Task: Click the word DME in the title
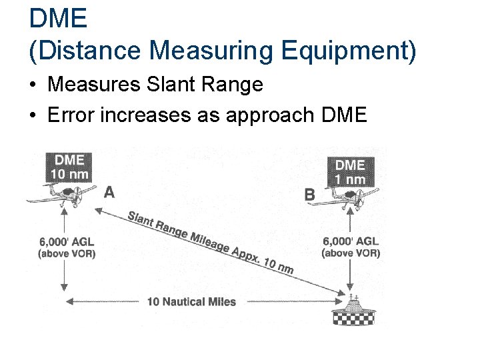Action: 58,18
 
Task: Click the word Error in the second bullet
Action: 71,115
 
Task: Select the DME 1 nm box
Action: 349,171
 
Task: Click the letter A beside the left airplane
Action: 109,193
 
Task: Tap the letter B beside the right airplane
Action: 310,195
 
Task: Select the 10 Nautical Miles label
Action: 191,302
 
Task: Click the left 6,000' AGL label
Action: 66,247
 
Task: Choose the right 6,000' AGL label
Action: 351,247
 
